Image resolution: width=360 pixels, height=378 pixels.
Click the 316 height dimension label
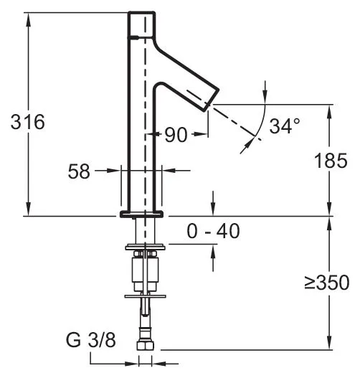tap(28, 122)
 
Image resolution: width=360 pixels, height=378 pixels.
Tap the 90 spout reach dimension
tap(176, 135)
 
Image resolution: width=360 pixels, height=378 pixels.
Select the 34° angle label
tap(285, 126)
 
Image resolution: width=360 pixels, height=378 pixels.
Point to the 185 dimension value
tap(331, 161)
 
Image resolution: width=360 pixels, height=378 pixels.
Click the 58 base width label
tap(79, 171)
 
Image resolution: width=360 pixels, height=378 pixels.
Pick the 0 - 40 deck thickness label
tap(213, 231)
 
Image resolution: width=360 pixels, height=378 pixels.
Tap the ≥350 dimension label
tap(327, 282)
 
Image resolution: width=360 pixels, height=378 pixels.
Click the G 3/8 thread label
tap(90, 340)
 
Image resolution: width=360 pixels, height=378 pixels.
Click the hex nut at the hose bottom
tap(146, 345)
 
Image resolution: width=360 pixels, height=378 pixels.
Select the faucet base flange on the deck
tap(142, 214)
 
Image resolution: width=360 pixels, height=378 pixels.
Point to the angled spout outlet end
tap(212, 100)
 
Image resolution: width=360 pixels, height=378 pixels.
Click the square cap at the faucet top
tap(141, 24)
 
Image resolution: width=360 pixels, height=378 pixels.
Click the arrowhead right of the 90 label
tap(200, 134)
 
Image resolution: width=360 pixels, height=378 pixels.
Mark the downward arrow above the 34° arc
tap(265, 93)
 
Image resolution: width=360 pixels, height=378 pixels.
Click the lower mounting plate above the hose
tap(146, 296)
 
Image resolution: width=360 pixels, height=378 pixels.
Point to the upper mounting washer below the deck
tap(146, 247)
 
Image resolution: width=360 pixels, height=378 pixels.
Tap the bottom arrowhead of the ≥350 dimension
tap(329, 341)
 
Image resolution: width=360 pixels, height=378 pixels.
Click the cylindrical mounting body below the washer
tap(146, 270)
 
